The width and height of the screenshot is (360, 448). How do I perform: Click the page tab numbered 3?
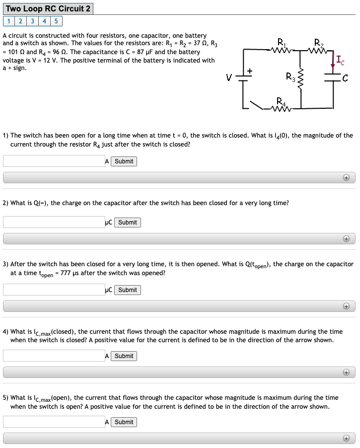click(32, 21)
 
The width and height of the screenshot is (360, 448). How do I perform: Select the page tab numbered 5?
click(56, 21)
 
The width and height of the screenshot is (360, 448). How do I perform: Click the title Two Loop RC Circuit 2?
click(48, 8)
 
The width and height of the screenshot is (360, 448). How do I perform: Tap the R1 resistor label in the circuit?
click(281, 42)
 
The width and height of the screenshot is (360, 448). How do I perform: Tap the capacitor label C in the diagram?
click(345, 77)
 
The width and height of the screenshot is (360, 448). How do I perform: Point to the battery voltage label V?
click(228, 77)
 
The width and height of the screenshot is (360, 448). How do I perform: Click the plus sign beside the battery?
click(250, 71)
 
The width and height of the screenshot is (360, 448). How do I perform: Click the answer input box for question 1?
click(54, 161)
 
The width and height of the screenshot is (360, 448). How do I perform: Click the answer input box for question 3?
click(54, 290)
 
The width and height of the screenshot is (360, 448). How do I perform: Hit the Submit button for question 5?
click(124, 422)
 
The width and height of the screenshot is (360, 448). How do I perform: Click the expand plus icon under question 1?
click(346, 178)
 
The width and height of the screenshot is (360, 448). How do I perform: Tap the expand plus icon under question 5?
click(346, 439)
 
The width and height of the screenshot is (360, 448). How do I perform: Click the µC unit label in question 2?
click(109, 223)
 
